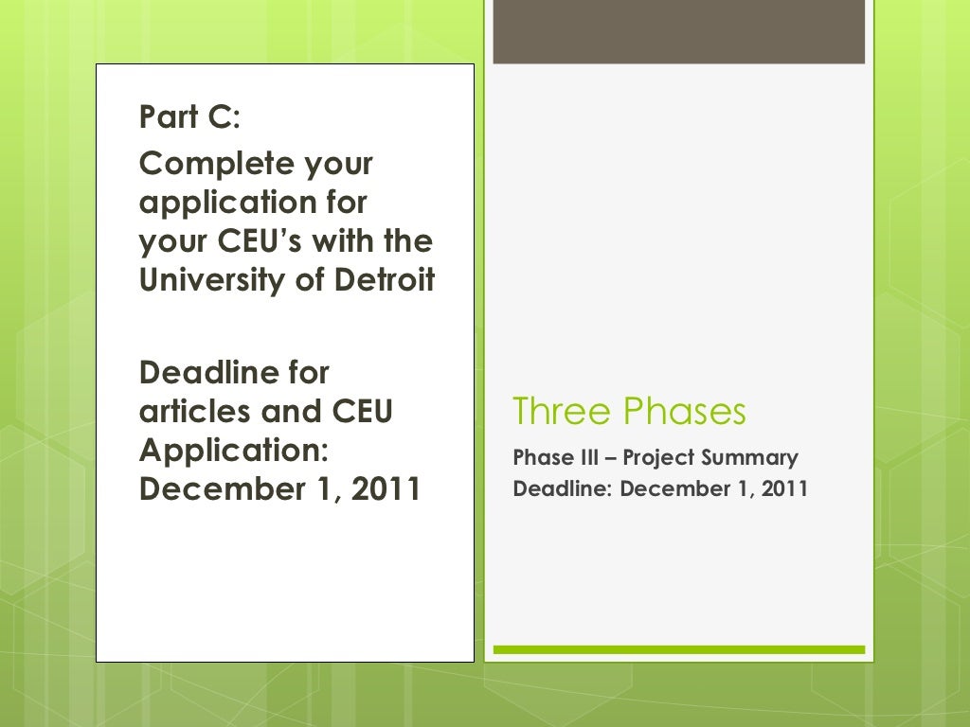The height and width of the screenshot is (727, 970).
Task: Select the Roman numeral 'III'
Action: (589, 459)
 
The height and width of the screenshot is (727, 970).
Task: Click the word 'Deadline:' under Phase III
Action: (563, 489)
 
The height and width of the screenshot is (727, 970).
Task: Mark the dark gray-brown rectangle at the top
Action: (678, 32)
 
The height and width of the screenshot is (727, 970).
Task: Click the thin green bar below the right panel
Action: (678, 649)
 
